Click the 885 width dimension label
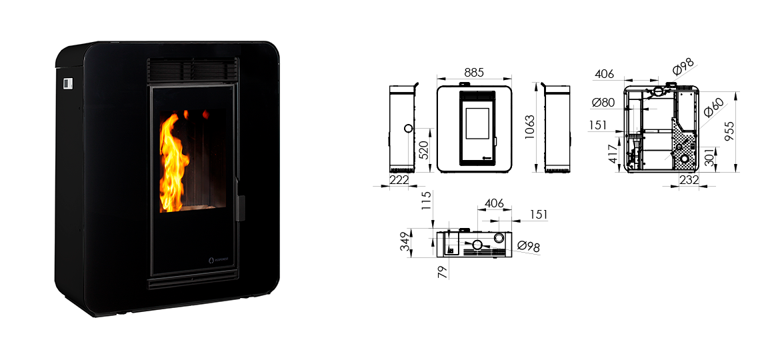[x=473, y=73]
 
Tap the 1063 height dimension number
[x=530, y=127]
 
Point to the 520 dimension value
[x=423, y=151]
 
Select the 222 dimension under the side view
[x=399, y=180]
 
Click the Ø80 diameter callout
[x=603, y=102]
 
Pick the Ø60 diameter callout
[x=713, y=107]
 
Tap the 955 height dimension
[x=729, y=131]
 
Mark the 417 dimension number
[x=613, y=153]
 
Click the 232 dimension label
[x=689, y=180]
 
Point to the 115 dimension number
[x=426, y=200]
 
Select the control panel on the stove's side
[x=67, y=83]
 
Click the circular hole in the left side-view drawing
[x=408, y=129]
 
